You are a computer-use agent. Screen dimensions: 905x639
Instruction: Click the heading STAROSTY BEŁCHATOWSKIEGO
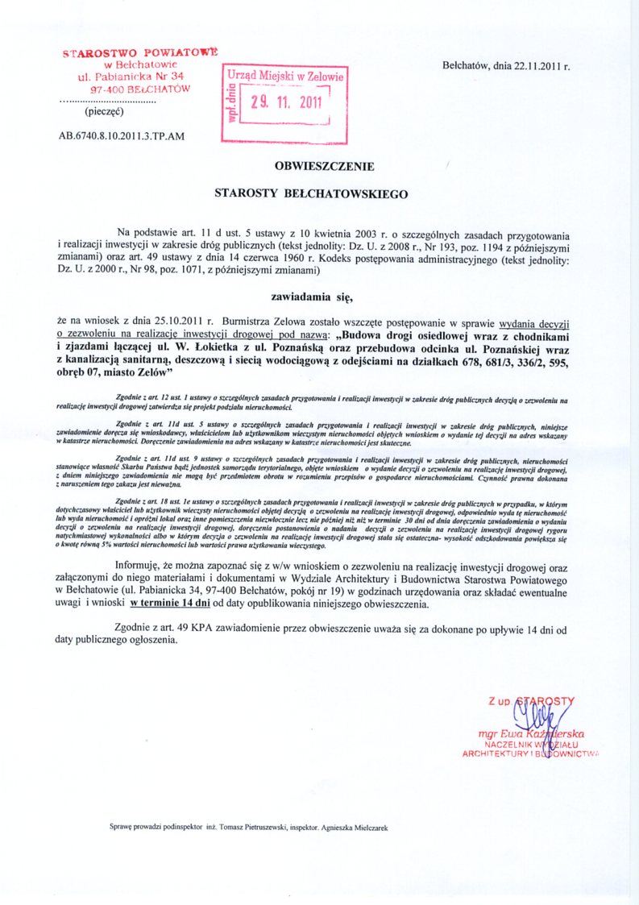coord(311,193)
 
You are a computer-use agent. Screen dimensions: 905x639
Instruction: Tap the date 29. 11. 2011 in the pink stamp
coord(285,102)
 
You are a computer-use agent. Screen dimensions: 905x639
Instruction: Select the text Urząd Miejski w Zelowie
coord(285,76)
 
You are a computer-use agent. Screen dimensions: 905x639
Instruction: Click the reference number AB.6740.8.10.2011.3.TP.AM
coord(122,135)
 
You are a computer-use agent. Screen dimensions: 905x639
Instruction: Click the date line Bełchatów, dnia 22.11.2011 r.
coord(506,67)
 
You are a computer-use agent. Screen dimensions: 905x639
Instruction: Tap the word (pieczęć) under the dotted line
coord(102,114)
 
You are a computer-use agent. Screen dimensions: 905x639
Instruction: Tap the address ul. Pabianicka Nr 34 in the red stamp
coord(131,76)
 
